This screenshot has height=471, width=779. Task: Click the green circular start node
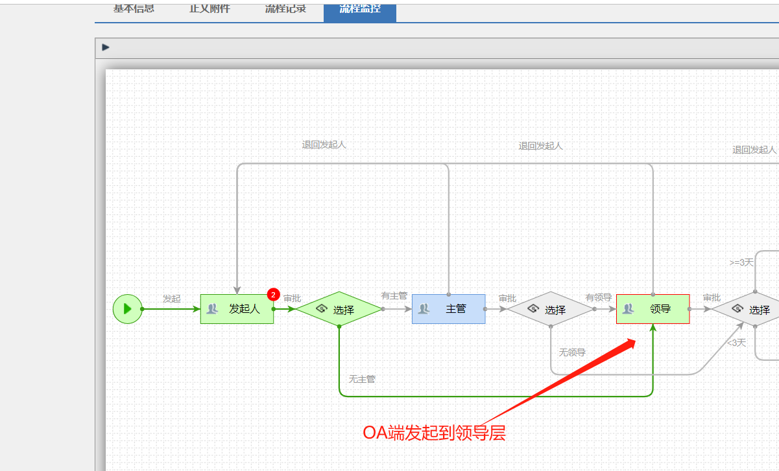click(x=127, y=308)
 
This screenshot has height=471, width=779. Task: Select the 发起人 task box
click(x=237, y=309)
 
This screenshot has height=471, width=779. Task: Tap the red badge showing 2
click(x=273, y=295)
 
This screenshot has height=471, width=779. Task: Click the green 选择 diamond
click(x=339, y=310)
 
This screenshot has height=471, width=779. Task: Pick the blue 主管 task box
click(x=448, y=309)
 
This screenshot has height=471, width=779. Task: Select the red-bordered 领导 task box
click(x=653, y=309)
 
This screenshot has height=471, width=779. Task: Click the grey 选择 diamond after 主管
click(x=550, y=310)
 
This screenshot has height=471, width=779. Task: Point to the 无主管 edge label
click(x=362, y=379)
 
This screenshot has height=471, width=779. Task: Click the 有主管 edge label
click(x=394, y=295)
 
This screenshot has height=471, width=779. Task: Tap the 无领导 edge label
click(x=572, y=352)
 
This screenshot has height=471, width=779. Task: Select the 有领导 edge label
click(x=599, y=297)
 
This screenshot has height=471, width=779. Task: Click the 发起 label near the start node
click(x=171, y=299)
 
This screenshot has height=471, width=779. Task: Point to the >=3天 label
click(x=741, y=262)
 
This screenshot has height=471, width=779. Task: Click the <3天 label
click(x=736, y=343)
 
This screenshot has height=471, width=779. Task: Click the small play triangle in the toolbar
click(x=106, y=47)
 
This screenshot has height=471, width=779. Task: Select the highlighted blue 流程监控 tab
click(x=360, y=10)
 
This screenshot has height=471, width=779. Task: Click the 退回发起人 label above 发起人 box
click(x=324, y=144)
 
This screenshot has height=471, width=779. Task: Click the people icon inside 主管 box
click(x=424, y=309)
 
